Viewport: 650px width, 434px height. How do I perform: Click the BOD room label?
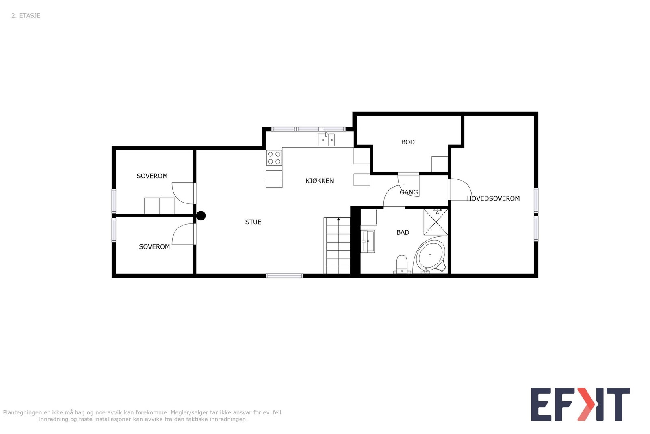[x=408, y=142]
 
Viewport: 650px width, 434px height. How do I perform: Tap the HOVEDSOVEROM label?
[x=493, y=198]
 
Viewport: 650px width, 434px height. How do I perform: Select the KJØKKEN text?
[x=319, y=181]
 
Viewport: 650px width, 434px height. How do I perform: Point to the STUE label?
[x=253, y=222]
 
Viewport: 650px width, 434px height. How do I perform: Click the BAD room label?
[x=403, y=232]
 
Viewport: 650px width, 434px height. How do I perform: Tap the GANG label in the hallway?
[x=409, y=192]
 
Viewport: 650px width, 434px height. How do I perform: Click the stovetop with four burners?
[x=274, y=158]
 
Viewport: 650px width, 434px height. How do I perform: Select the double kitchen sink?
[x=326, y=140]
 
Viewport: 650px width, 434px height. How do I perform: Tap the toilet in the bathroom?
[x=401, y=264]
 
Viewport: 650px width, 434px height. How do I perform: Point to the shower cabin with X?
[x=435, y=222]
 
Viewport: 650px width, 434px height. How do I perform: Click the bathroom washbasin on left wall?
[x=368, y=241]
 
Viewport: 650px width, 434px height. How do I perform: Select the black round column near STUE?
[x=201, y=216]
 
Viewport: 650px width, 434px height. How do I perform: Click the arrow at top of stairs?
[x=338, y=219]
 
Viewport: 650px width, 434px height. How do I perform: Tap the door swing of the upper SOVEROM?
[x=183, y=193]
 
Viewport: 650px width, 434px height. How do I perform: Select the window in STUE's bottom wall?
[x=284, y=276]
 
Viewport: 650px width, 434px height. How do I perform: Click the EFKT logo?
[x=580, y=404]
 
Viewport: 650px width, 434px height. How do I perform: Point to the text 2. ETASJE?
[x=26, y=16]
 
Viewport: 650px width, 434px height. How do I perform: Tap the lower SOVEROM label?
[x=154, y=247]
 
